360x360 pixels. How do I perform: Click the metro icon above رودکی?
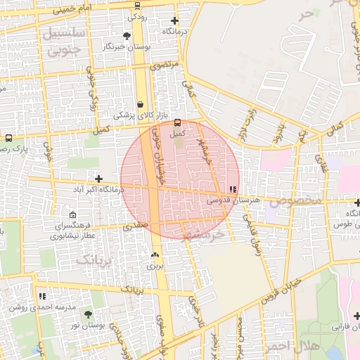point(137,6)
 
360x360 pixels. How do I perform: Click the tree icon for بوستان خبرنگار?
point(127,36)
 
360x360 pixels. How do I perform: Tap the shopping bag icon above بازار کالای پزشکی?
point(140,103)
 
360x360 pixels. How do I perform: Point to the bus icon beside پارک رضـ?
point(8,139)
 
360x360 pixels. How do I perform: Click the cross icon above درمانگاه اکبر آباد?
point(98,179)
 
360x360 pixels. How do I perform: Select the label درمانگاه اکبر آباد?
point(99,190)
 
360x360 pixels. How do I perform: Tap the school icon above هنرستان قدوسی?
point(233,189)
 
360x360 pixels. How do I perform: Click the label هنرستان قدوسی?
point(228,200)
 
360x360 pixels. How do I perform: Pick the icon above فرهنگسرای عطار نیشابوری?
point(74,215)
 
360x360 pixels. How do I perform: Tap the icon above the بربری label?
point(155,255)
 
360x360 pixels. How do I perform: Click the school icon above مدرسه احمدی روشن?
point(42,297)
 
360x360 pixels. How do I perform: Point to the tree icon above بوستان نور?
point(88,314)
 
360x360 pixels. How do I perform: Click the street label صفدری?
point(134,227)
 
